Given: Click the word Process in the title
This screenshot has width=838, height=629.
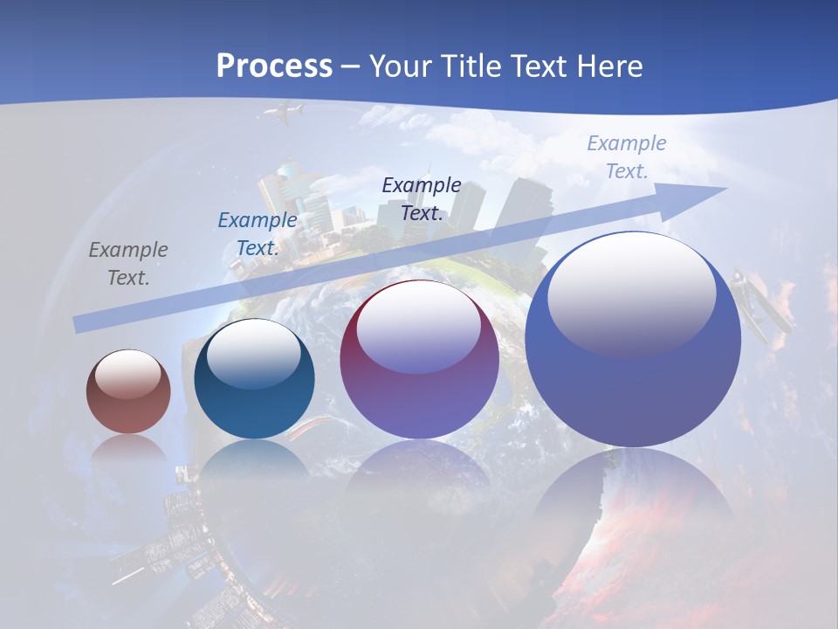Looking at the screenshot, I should pos(274,66).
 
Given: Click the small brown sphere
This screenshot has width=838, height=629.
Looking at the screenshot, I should pos(128,392).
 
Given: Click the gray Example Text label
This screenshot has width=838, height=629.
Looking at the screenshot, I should pos(128,264).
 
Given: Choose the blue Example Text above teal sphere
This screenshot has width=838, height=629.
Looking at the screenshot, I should pos(258,234).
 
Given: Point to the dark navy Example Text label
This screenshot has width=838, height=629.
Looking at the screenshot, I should pos(422,198).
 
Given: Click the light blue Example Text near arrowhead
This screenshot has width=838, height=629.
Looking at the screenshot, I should pos(626,157).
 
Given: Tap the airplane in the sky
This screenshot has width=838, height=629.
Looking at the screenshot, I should pos(285,112).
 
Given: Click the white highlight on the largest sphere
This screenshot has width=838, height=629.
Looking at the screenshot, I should pos(631,293).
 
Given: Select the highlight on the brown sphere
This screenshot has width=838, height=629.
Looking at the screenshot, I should pos(128,374).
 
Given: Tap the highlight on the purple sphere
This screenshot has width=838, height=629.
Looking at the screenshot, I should pos(419,327).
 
